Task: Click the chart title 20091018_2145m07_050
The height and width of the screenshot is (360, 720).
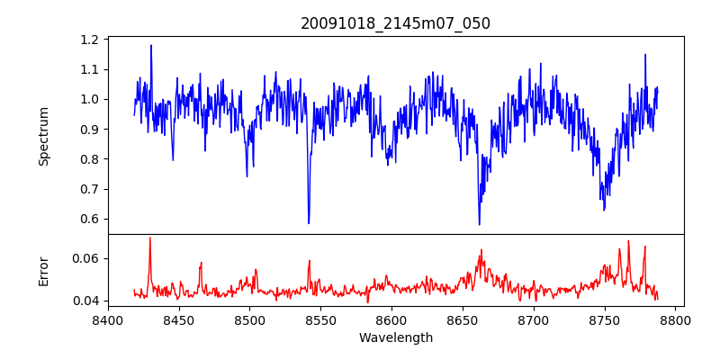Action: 395,23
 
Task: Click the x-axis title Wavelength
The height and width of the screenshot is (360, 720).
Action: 395,337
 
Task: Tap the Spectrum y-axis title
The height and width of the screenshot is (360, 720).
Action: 43,136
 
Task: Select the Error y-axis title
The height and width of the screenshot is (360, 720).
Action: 43,271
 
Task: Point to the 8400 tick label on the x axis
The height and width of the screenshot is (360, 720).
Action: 108,319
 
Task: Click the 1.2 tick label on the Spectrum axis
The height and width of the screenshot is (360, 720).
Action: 89,40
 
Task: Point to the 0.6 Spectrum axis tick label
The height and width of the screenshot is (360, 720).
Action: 89,219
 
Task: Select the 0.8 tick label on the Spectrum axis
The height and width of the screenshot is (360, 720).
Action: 89,159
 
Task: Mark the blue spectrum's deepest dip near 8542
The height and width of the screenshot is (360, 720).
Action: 309,222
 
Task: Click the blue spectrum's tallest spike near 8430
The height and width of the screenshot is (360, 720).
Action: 151,46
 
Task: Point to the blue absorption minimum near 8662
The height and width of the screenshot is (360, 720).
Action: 479,224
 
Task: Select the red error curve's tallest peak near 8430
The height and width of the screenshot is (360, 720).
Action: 149,238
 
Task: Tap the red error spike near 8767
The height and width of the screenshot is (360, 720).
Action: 628,241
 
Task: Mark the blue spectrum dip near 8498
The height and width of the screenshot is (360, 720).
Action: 247,175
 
